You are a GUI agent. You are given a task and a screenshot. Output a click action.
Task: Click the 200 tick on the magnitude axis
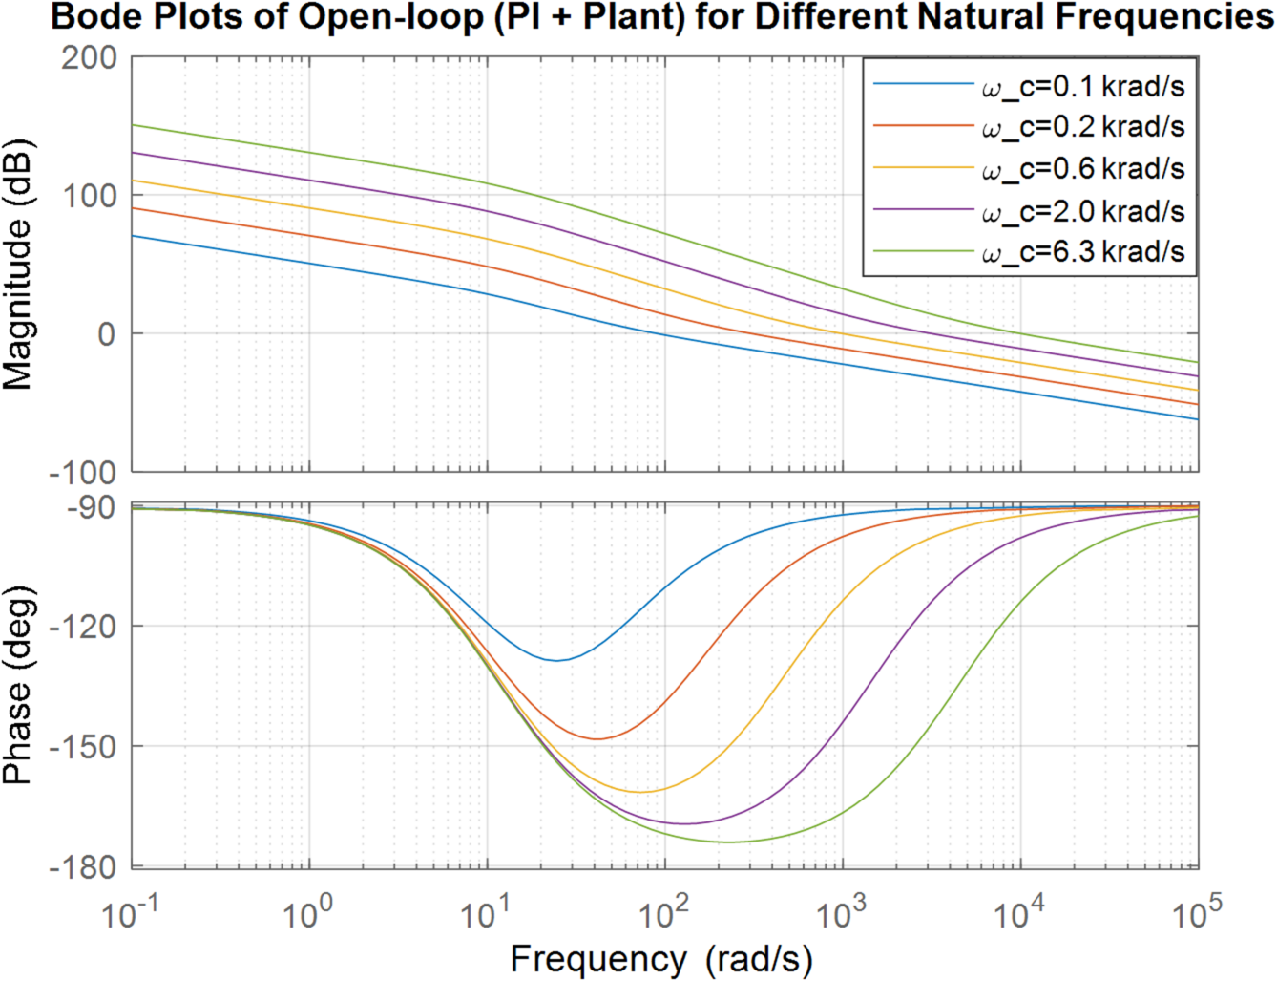point(89,57)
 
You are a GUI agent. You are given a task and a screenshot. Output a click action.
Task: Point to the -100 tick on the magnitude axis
point(82,472)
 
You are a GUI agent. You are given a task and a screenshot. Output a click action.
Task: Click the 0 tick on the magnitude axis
point(106,334)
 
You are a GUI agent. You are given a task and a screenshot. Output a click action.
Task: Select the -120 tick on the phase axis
point(82,627)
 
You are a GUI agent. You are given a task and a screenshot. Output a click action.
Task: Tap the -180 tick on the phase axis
point(82,867)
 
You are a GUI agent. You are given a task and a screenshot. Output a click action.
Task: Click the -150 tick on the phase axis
point(82,747)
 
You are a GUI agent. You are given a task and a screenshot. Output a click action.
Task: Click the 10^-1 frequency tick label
point(130,914)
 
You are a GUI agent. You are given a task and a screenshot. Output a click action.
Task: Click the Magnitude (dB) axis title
point(18,265)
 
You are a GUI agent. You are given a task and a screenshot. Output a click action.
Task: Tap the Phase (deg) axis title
point(18,685)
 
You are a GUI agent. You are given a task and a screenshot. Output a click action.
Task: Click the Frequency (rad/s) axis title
point(661,959)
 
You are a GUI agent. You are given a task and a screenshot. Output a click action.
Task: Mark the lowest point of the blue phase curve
point(555,660)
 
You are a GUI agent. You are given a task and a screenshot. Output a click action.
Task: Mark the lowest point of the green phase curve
point(730,842)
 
